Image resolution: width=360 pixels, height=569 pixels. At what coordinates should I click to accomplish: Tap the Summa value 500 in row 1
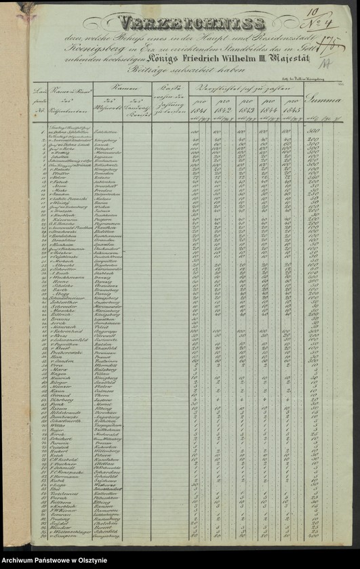316,131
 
